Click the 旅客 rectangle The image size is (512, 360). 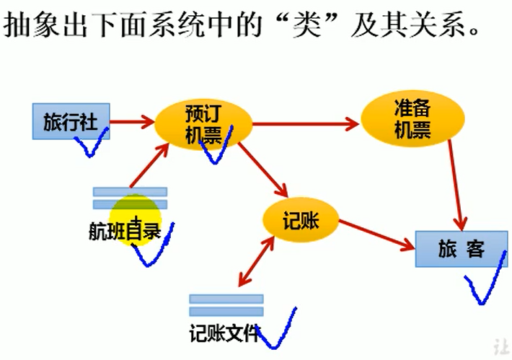(x=461, y=250)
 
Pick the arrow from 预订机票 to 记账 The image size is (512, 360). (x=264, y=170)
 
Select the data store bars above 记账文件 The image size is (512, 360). (x=226, y=304)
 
